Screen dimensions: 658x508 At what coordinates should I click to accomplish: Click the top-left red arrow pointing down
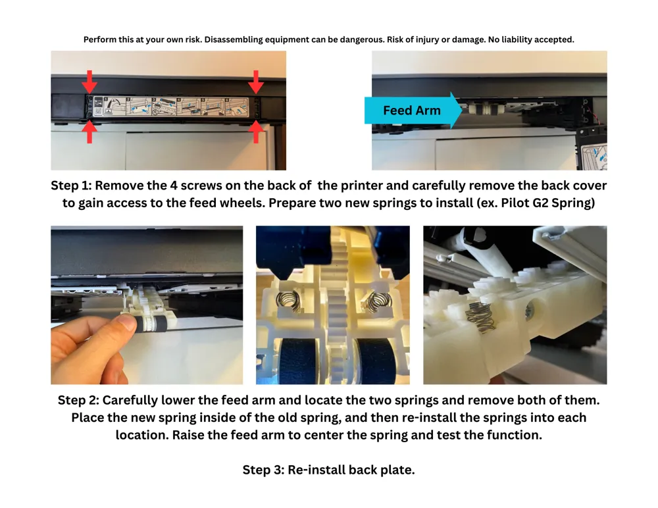point(89,82)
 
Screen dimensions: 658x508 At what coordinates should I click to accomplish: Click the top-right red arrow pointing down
point(256,82)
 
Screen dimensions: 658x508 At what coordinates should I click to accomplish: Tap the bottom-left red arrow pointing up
point(89,132)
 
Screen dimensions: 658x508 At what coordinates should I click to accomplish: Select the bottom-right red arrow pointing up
point(256,132)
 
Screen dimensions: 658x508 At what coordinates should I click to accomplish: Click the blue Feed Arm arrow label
point(413,111)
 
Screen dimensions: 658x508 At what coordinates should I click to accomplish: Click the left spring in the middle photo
point(288,301)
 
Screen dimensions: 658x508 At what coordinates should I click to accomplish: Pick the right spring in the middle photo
point(378,301)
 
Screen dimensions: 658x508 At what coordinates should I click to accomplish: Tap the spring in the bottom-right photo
point(481,317)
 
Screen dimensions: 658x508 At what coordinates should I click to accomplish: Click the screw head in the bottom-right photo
point(529,311)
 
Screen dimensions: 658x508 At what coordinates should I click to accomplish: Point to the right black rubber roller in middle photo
point(374,361)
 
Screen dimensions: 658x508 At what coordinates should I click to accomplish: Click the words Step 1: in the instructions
point(71,186)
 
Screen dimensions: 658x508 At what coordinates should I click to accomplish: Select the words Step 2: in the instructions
point(78,400)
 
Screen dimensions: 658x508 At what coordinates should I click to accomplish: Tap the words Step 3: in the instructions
point(263,470)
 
